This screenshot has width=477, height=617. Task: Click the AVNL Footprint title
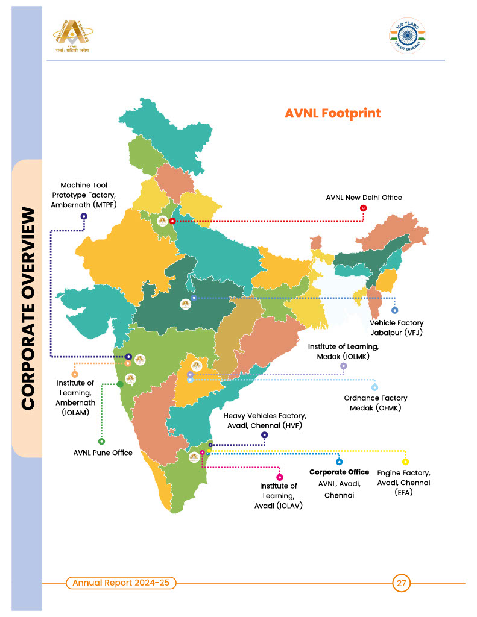pos(332,113)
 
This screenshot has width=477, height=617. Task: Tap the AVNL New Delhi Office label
pos(364,197)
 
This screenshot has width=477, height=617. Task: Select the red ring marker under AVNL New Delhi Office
pos(363,208)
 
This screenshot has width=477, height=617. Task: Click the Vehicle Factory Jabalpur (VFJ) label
pos(396,328)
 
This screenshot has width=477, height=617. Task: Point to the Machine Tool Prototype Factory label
pos(84,195)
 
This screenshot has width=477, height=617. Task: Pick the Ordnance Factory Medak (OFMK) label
pos(375,403)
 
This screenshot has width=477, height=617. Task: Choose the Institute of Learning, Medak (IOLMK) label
pos(343,351)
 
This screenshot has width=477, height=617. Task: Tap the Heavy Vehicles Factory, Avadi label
pos(265,421)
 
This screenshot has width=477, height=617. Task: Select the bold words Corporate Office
pos(339,472)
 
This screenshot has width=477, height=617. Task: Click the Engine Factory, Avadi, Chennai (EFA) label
pos(403,483)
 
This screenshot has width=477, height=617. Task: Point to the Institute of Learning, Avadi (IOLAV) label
pos(279,495)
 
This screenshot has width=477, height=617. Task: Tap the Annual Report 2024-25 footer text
pos(120,583)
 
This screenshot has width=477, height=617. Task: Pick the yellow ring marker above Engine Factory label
pos(405,462)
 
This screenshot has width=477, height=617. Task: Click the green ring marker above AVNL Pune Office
pos(101,442)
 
